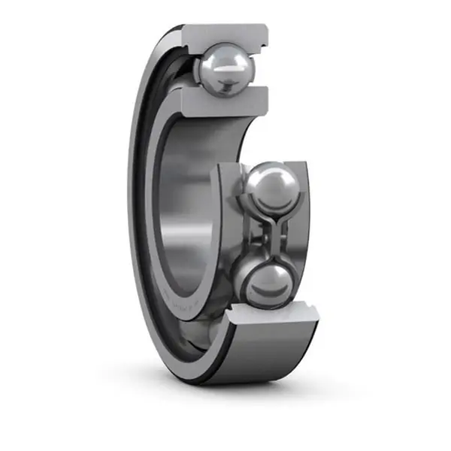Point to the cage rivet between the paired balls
[x=265, y=233]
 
